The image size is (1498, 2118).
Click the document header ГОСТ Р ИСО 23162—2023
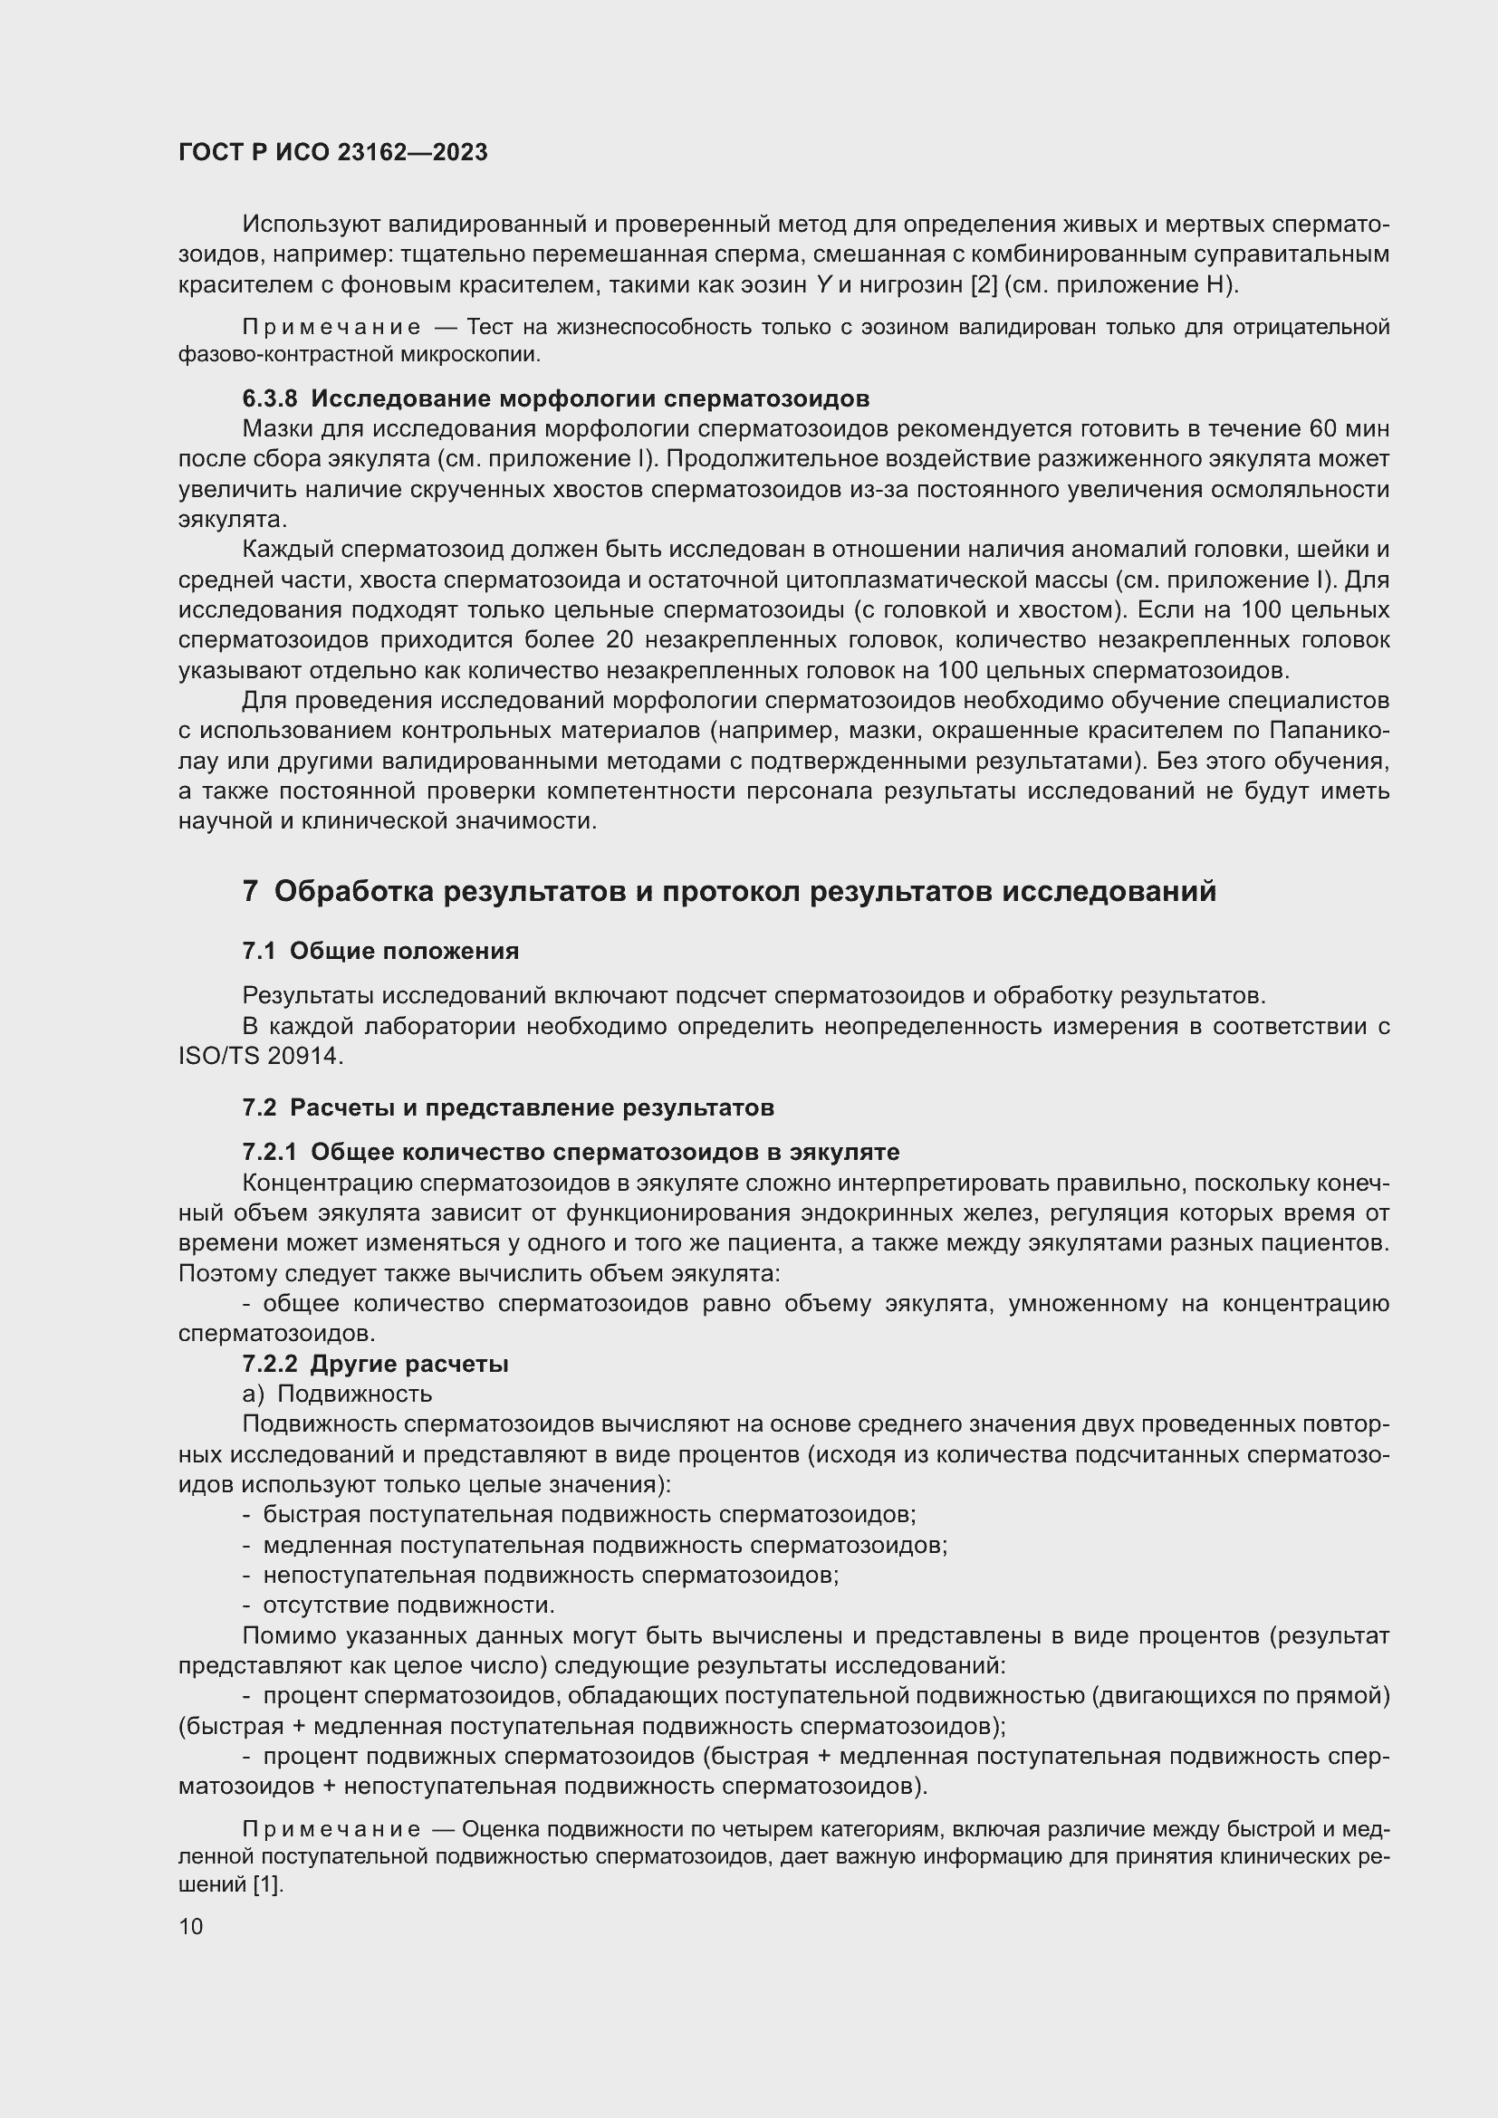pos(333,153)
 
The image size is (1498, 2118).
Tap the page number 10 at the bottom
pos(191,1926)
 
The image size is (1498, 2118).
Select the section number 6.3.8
pos(269,398)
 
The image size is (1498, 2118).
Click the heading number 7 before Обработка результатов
pos(250,891)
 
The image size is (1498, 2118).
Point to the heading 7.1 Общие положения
pos(380,951)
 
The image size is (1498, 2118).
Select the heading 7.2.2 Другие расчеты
pos(376,1364)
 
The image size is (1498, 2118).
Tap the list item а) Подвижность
pos(337,1394)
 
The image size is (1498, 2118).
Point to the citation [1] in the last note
pos(267,1885)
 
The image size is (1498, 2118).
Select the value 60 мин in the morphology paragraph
pos(1349,429)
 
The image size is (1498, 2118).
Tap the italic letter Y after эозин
pos(823,285)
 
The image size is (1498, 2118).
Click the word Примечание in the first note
pos(331,328)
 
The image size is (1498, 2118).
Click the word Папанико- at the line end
pos(1330,731)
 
